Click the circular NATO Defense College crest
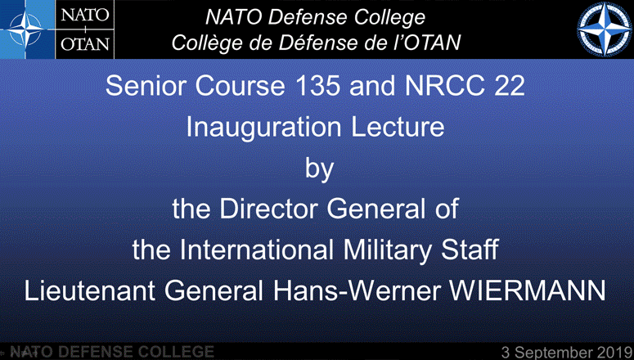604,29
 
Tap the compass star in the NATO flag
26,29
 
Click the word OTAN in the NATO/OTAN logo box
85,43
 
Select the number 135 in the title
317,86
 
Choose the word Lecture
398,127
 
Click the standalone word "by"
319,169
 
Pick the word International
256,250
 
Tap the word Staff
470,250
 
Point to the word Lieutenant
89,290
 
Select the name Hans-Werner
356,290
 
